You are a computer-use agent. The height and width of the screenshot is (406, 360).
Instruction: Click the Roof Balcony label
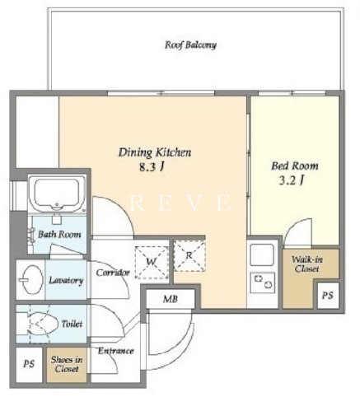pyautogui.click(x=190, y=44)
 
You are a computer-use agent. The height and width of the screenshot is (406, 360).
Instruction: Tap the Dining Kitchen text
pyautogui.click(x=155, y=152)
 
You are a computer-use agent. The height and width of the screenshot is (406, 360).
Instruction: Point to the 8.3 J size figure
pyautogui.click(x=152, y=167)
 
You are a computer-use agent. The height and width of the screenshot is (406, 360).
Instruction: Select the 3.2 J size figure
pyautogui.click(x=292, y=180)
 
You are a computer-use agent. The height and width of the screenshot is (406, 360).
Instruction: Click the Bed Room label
pyautogui.click(x=295, y=166)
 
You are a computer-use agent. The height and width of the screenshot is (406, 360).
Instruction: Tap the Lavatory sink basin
pyautogui.click(x=30, y=279)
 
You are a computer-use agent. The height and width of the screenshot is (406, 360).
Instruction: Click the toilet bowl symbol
pyautogui.click(x=43, y=324)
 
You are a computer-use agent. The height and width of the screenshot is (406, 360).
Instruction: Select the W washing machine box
pyautogui.click(x=152, y=262)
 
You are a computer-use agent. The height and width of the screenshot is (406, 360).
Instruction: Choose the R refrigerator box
pyautogui.click(x=189, y=256)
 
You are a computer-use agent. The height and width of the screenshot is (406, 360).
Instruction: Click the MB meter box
pyautogui.click(x=171, y=299)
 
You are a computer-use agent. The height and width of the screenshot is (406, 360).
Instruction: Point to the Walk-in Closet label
pyautogui.click(x=306, y=264)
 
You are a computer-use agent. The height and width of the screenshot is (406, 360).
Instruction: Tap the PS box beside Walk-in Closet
pyautogui.click(x=328, y=296)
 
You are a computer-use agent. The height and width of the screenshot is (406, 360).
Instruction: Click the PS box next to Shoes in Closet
pyautogui.click(x=29, y=365)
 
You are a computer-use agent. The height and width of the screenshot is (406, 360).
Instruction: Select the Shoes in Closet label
pyautogui.click(x=67, y=364)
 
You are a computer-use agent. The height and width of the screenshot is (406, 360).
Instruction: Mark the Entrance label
pyautogui.click(x=116, y=351)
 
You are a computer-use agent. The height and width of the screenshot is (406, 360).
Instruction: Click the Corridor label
pyautogui.click(x=113, y=273)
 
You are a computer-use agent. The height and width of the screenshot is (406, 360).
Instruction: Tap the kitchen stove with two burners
pyautogui.click(x=263, y=282)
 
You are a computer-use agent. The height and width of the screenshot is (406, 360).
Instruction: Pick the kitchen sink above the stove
pyautogui.click(x=263, y=255)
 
